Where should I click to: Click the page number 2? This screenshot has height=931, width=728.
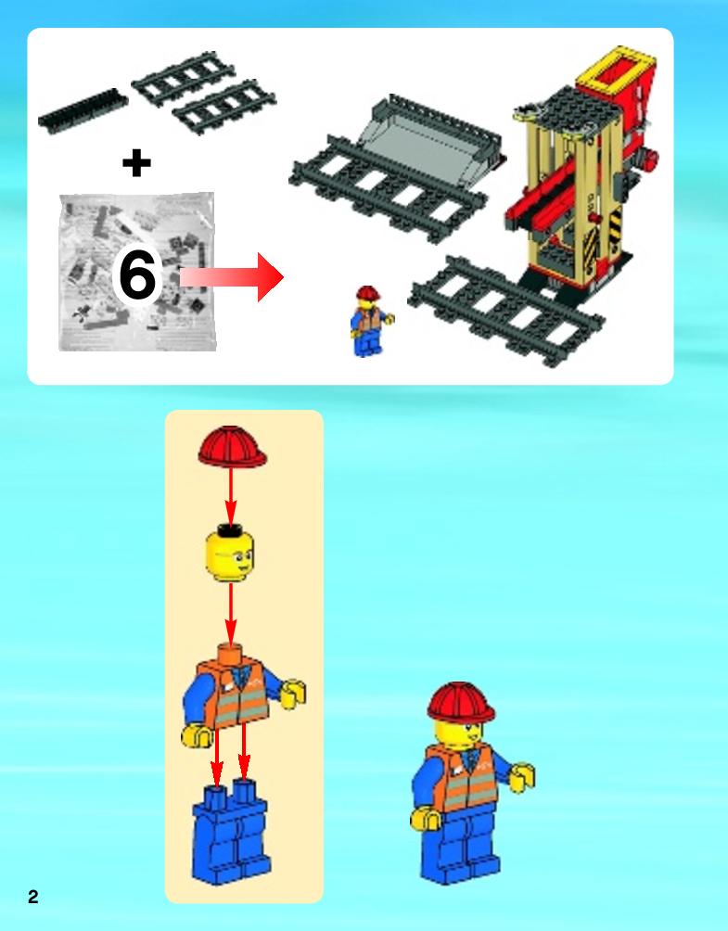point(32,897)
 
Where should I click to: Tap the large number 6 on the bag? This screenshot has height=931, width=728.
point(137,274)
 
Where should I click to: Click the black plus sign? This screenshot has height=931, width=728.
point(136,162)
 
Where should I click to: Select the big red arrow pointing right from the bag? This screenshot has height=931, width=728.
point(232,276)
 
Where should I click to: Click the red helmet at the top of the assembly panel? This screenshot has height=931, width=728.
point(232,447)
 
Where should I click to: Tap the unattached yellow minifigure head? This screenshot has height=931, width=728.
point(230,554)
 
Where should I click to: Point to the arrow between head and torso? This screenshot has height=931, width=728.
point(230,614)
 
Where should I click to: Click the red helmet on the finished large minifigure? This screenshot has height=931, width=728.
point(461,703)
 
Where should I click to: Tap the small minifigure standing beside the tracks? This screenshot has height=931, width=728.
point(370,321)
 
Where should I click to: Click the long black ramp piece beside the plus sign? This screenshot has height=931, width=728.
point(83,111)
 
